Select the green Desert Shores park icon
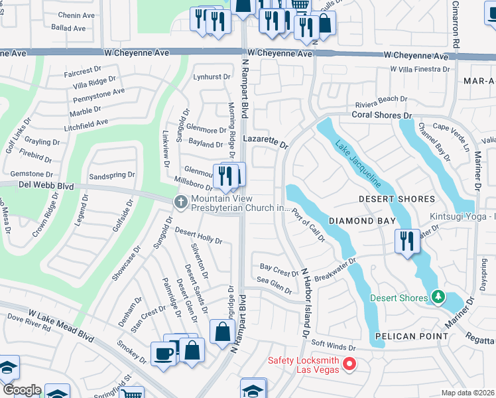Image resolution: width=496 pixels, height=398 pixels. pyautogui.click(x=437, y=297)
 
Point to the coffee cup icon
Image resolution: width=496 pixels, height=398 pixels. pyautogui.click(x=163, y=353)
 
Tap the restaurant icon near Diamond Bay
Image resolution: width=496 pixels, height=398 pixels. pyautogui.click(x=406, y=240)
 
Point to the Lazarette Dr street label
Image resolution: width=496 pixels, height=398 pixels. pyautogui.click(x=266, y=141)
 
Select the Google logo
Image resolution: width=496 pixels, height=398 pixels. pyautogui.click(x=22, y=390)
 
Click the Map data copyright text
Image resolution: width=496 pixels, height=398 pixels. pyautogui.click(x=468, y=393)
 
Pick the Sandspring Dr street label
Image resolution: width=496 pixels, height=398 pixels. pyautogui.click(x=111, y=176)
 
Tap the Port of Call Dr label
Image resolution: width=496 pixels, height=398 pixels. pyautogui.click(x=308, y=226)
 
